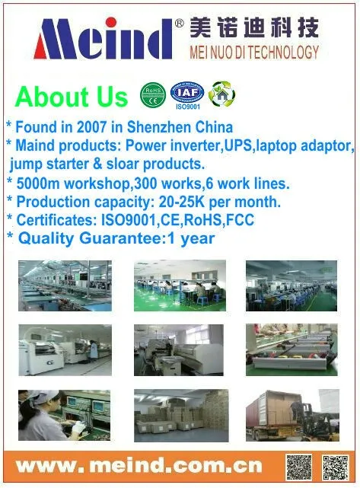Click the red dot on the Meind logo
pyautogui.click(x=111, y=22)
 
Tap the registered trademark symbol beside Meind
pyautogui.click(x=180, y=23)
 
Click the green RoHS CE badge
pyautogui.click(x=153, y=95)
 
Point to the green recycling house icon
pyautogui.click(x=221, y=94)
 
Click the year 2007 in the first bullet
pyautogui.click(x=91, y=127)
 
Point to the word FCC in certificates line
pyautogui.click(x=241, y=220)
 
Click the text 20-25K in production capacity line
pyautogui.click(x=182, y=202)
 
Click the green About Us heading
pyautogui.click(x=72, y=97)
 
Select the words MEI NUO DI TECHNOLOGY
pyautogui.click(x=254, y=52)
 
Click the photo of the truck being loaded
pyautogui.click(x=292, y=415)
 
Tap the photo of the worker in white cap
pyautogui.click(x=64, y=415)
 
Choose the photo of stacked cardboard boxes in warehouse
pyautogui.click(x=181, y=416)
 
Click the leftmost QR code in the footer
pyautogui.click(x=298, y=467)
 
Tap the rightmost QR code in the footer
pyautogui.click(x=336, y=467)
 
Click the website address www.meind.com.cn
pyautogui.click(x=139, y=466)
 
